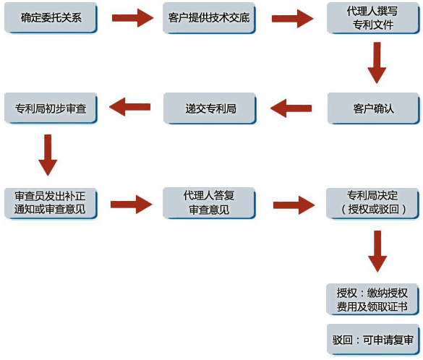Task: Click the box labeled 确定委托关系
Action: pos(51,18)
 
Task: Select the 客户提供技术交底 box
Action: pos(209,18)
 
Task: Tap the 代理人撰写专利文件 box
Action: pos(373,18)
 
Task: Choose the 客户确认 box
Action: pos(374,108)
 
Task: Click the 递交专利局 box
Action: pos(210,108)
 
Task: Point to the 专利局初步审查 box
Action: pos(51,108)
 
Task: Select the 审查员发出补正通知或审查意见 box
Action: pos(51,203)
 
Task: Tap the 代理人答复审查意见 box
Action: pos(209,203)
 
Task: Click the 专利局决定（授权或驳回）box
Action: pos(373,204)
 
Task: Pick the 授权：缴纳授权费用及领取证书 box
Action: pos(373,299)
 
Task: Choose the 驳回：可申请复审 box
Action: pos(373,340)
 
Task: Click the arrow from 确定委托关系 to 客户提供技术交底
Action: pos(133,18)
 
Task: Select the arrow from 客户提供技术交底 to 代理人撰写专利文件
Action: pos(293,18)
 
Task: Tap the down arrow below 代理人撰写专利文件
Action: pos(377,63)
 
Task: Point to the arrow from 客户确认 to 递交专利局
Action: pos(291,108)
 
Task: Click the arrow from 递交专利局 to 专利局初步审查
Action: pos(129,107)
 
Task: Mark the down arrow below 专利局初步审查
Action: pos(48,155)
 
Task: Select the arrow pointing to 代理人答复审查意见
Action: pos(132,205)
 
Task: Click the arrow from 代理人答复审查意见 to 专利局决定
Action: pos(294,205)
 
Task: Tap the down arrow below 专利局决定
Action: pos(377,252)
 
